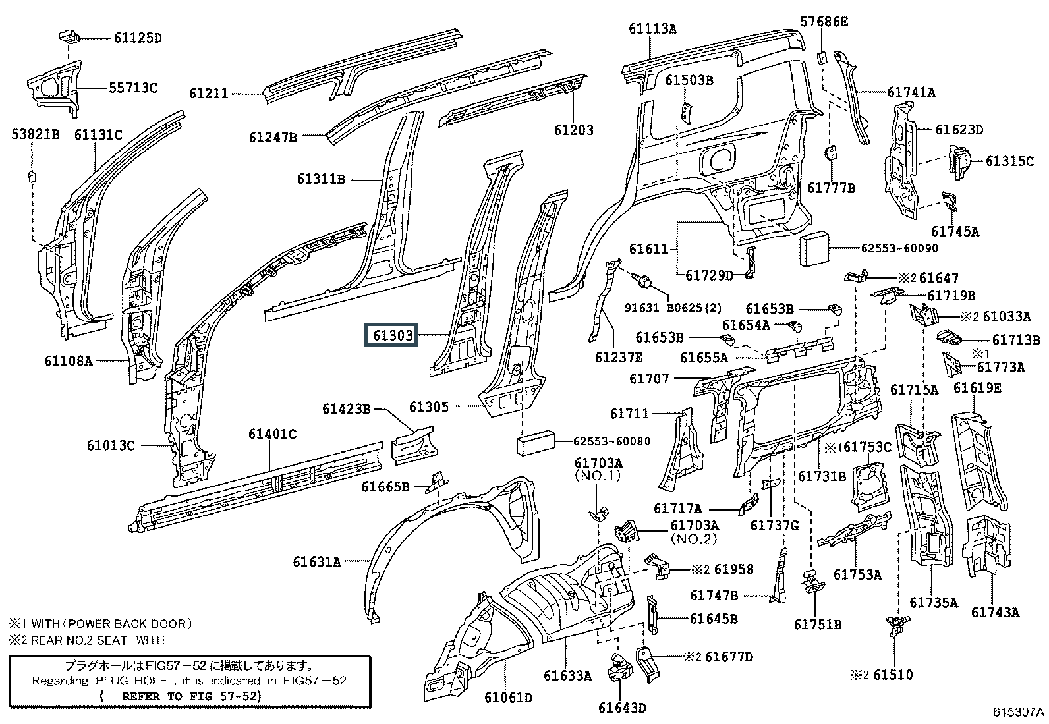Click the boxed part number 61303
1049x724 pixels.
tap(393, 335)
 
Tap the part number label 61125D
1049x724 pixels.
tap(137, 38)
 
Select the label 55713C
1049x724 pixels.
tap(132, 88)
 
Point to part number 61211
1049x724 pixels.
tap(209, 94)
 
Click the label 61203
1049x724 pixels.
tap(573, 130)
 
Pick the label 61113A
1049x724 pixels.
tap(652, 28)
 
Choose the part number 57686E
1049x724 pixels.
tap(824, 22)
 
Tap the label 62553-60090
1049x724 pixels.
tap(899, 248)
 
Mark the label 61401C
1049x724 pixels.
tap(272, 434)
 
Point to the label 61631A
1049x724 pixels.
tap(317, 562)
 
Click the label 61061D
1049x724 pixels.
tap(508, 697)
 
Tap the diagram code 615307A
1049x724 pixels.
tap(1019, 712)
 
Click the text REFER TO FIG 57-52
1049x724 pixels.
tap(191, 696)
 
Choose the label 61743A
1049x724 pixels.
tap(995, 613)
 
